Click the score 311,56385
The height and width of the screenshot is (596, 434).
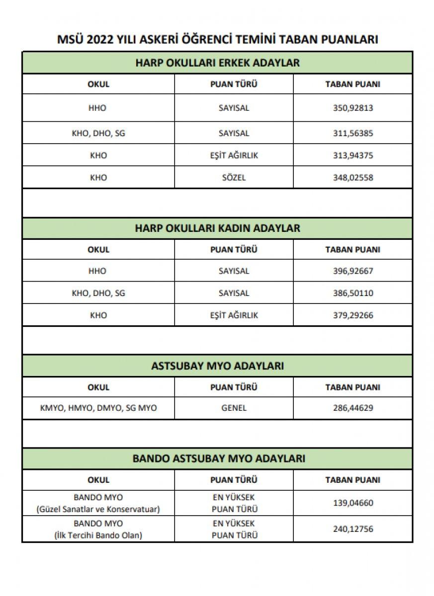click(352, 133)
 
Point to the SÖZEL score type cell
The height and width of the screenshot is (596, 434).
click(234, 177)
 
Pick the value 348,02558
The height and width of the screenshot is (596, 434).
click(352, 177)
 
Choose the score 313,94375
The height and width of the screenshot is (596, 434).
click(352, 155)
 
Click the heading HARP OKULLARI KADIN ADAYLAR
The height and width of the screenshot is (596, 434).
click(217, 228)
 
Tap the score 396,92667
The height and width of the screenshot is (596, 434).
click(352, 271)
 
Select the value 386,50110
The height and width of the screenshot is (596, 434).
click(352, 293)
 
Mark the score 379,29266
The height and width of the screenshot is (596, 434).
click(352, 315)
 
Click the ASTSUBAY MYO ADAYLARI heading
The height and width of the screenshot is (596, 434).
click(217, 366)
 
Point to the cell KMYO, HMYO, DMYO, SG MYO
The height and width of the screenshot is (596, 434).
click(98, 408)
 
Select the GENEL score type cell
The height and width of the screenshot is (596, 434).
click(234, 408)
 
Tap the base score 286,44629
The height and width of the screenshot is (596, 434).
click(352, 408)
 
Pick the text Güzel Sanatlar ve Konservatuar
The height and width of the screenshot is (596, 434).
click(98, 509)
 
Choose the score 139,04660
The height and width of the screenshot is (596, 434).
click(352, 503)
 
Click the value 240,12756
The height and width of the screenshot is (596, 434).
click(352, 529)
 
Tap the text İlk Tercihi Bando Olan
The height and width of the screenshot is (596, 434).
click(98, 535)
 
